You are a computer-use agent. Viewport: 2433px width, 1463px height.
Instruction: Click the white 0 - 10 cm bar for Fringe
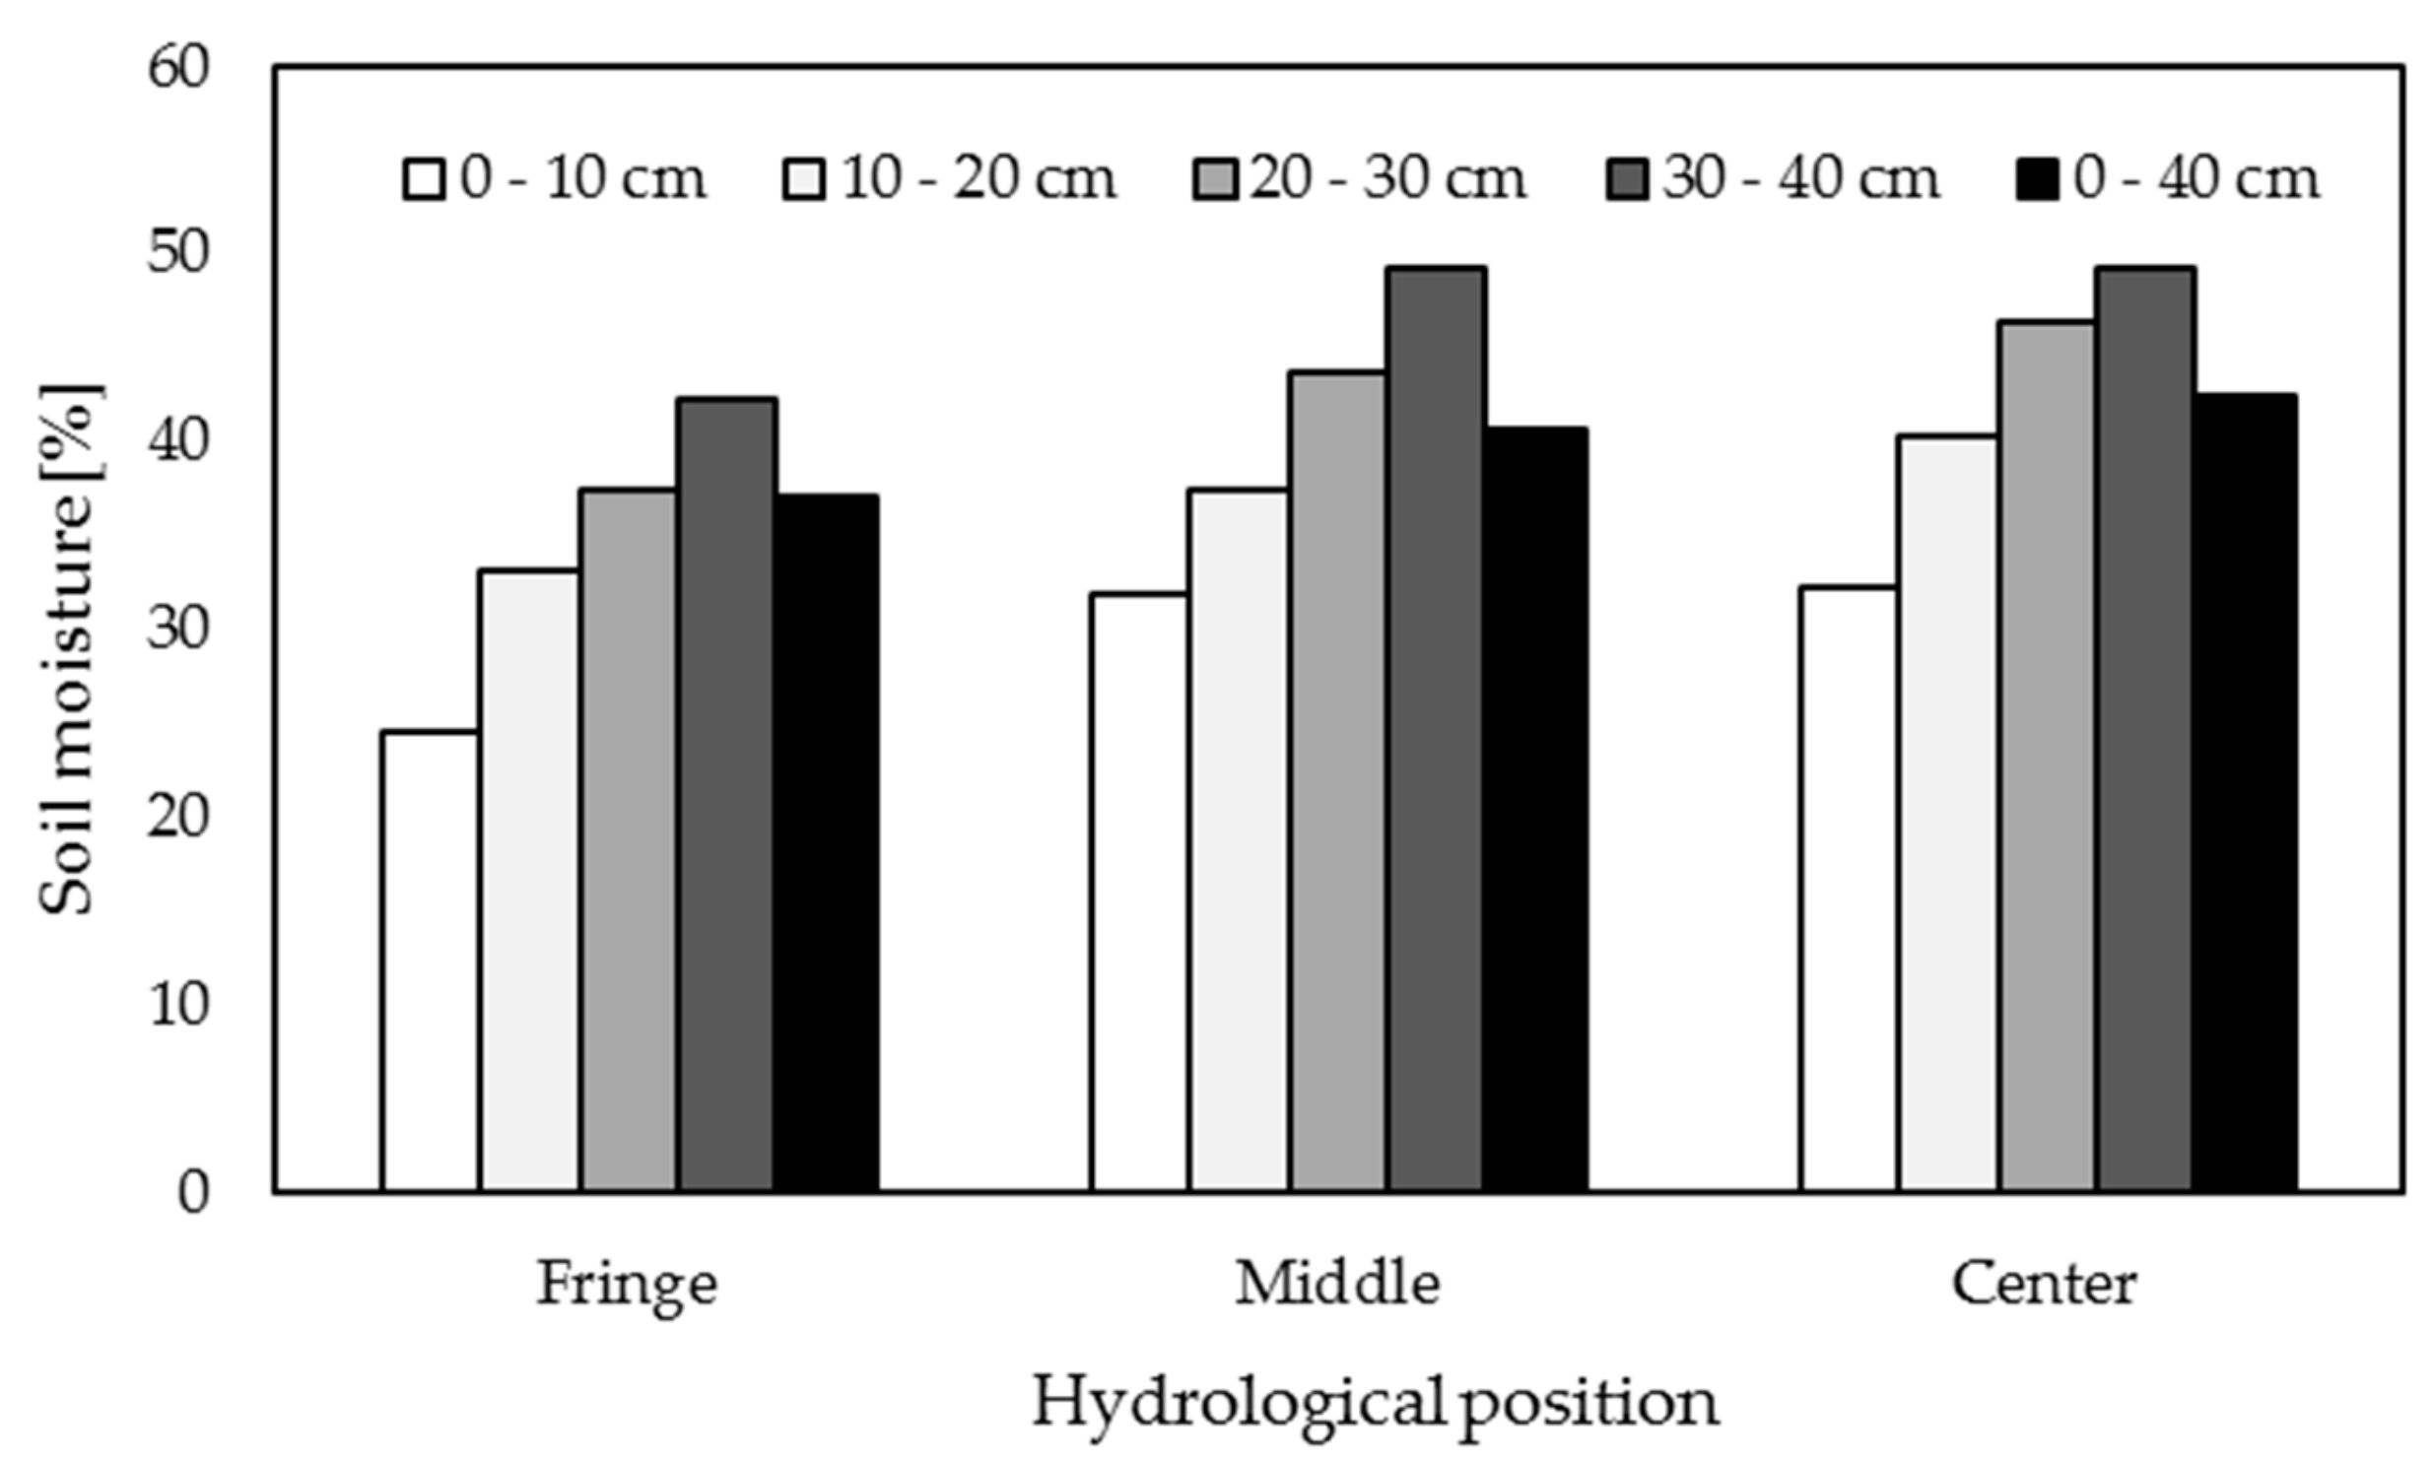430,962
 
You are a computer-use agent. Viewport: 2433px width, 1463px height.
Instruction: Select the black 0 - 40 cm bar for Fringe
826,843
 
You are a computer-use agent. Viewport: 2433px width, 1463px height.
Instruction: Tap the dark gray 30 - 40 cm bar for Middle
1436,729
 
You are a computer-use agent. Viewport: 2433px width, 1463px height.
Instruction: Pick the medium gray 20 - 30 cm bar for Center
2047,757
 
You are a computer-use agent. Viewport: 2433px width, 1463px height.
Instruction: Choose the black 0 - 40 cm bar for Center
2245,794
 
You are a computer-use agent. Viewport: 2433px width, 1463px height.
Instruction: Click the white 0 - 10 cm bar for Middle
1138,893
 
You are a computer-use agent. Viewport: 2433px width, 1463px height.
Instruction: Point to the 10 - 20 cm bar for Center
1948,814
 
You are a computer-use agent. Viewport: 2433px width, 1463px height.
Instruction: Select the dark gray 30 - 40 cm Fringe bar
726,795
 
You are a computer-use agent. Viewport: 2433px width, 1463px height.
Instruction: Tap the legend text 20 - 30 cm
1388,179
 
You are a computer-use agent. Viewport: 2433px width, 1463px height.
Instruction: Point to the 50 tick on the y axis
179,254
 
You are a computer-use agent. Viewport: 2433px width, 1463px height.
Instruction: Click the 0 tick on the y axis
193,1193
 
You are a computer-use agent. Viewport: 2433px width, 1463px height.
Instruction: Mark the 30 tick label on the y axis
179,630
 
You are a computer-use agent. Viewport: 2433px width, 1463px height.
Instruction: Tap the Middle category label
1337,1285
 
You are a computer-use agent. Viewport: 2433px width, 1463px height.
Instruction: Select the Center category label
2045,1285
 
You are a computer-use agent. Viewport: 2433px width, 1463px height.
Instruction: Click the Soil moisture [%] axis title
69,650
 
